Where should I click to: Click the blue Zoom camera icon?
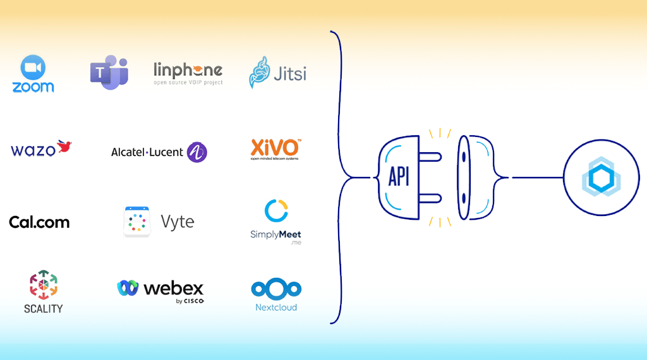33,68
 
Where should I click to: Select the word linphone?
188,69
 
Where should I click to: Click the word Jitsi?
290,74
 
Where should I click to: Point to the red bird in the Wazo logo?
64,147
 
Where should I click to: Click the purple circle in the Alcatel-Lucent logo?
197,152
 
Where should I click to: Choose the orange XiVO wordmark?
275,148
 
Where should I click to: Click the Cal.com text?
39,222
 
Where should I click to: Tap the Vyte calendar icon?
137,222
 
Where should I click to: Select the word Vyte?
178,222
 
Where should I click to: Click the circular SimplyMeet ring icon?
276,211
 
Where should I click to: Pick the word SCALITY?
44,308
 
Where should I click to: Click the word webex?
174,289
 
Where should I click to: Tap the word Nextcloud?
276,308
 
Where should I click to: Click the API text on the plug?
399,177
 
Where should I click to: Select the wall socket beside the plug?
473,177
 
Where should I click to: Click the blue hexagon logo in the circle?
601,178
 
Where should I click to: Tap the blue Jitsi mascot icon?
260,72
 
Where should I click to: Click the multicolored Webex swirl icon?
128,288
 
